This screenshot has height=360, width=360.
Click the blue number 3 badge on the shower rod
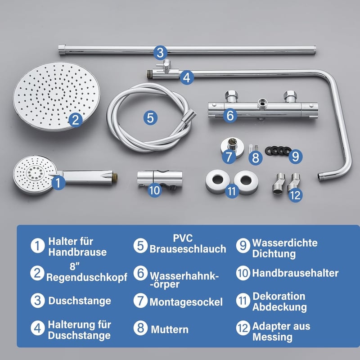pos(161,53)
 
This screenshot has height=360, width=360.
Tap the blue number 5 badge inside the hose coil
pos(150,118)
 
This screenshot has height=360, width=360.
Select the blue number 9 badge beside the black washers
pos(295,157)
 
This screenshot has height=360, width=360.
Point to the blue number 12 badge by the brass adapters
pos(295,195)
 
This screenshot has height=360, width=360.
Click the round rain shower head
pos(57,96)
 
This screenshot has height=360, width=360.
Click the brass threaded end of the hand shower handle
pos(115,177)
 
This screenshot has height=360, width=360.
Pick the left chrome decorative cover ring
pos(218,181)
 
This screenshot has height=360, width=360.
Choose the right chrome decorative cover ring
pos(246,181)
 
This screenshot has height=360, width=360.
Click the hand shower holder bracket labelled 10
pos(160,179)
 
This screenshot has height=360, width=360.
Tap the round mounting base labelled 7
pos(232,147)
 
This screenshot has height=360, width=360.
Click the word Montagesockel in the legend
pos(186,302)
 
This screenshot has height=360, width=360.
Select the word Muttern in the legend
pos(170,329)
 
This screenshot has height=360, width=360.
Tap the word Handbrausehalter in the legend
pos(295,273)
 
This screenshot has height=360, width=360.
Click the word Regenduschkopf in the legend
pos(87,277)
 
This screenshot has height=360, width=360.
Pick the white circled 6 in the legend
pos(140,273)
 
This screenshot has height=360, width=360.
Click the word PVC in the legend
pos(183,238)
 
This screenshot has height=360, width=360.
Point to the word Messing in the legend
pos(273,337)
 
